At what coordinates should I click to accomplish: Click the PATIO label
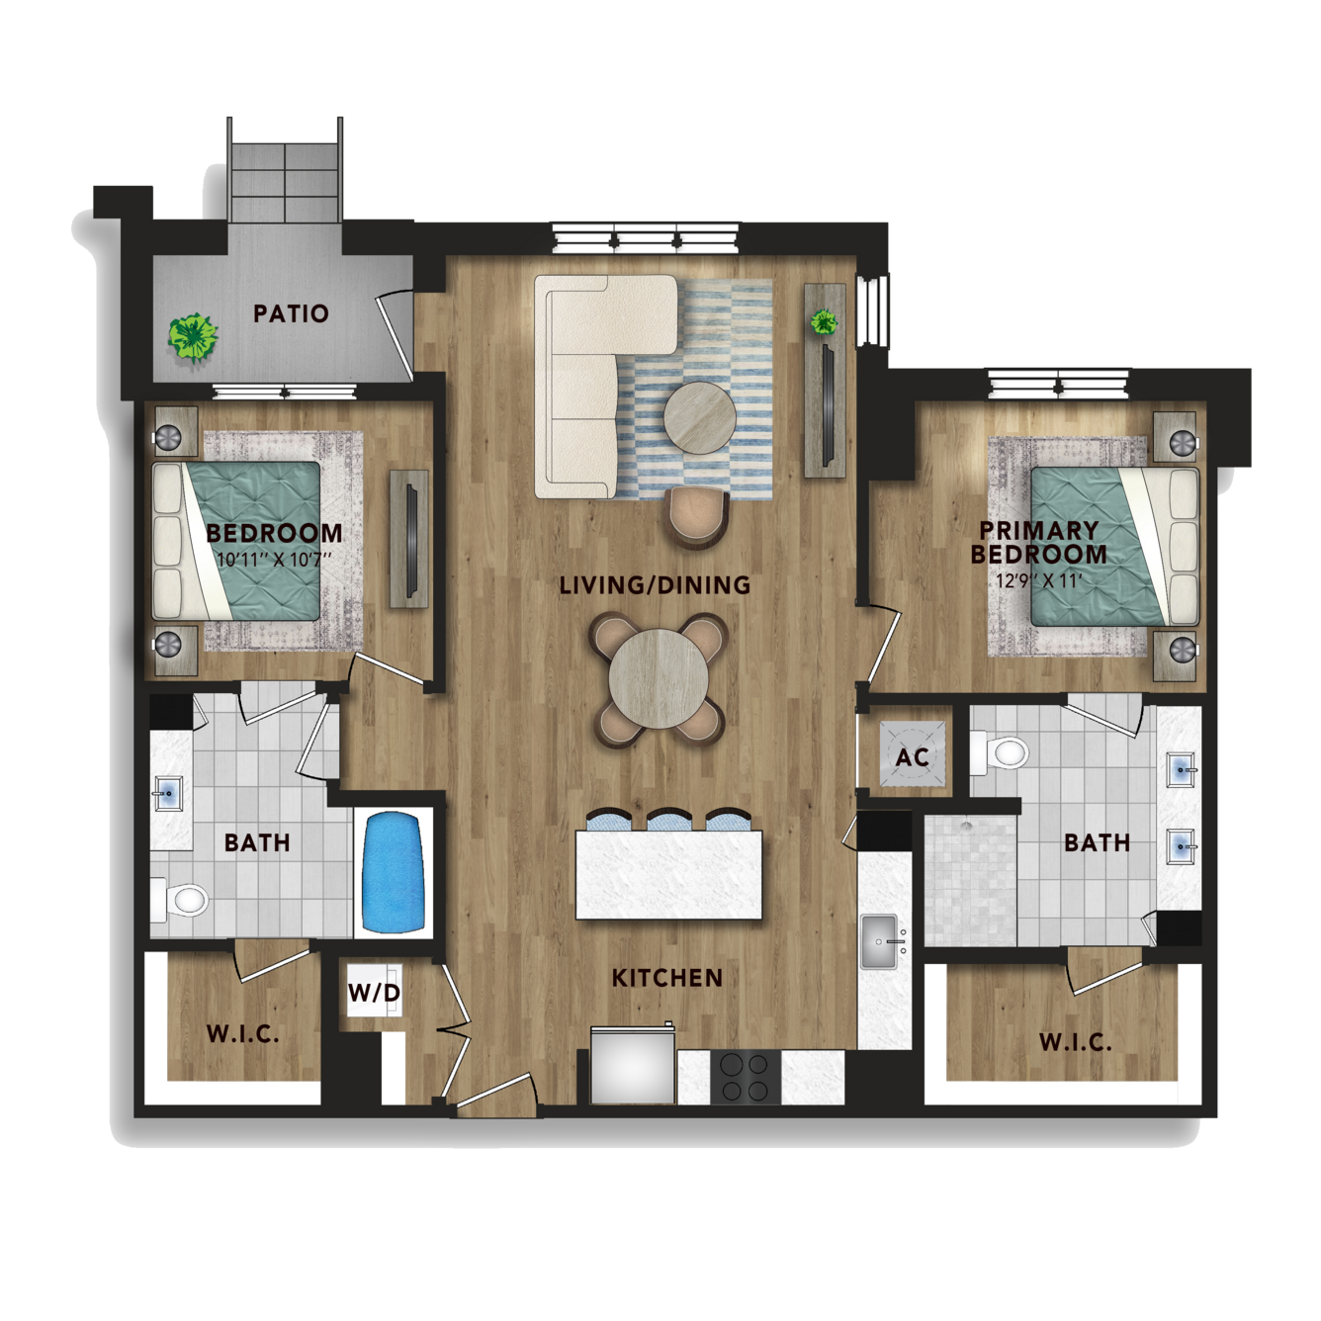click(x=292, y=314)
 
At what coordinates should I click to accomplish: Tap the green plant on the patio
click(x=194, y=336)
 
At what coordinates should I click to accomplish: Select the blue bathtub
click(x=393, y=872)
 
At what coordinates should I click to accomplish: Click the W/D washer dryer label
click(x=374, y=992)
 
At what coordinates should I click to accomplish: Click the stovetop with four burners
click(x=746, y=1077)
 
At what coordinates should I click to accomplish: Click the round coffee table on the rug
click(x=699, y=417)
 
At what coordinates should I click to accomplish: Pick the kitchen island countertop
click(x=668, y=874)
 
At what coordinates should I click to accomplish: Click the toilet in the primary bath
click(x=1000, y=752)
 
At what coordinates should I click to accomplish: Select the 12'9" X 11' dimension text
click(x=1038, y=581)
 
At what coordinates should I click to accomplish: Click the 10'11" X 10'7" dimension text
click(x=274, y=558)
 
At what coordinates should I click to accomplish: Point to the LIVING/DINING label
click(x=656, y=584)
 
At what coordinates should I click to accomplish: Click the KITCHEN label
click(x=667, y=978)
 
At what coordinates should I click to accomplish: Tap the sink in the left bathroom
click(x=167, y=794)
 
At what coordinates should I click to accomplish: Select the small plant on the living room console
click(x=824, y=321)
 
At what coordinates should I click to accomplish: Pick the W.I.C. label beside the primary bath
click(x=1075, y=1043)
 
